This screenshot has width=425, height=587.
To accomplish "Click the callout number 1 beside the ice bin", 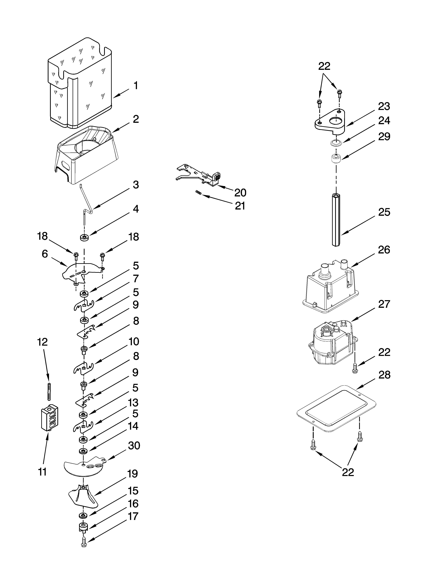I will [x=135, y=86].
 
